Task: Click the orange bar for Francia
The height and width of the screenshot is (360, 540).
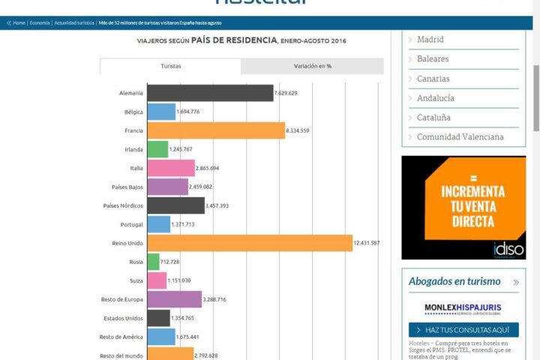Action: (x=216, y=130)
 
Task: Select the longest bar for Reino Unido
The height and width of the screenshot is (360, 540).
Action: (x=250, y=243)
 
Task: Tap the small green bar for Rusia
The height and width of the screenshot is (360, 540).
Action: (x=153, y=262)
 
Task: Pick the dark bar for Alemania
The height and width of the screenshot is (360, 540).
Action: (x=210, y=93)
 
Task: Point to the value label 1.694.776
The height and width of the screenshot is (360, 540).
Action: (x=187, y=112)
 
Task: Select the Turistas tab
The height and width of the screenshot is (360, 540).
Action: (x=170, y=66)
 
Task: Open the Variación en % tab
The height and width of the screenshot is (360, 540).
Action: (x=312, y=66)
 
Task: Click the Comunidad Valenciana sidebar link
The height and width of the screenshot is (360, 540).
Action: (x=460, y=136)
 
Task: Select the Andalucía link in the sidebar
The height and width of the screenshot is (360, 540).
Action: (x=435, y=97)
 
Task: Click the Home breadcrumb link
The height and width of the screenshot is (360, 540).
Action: (x=19, y=23)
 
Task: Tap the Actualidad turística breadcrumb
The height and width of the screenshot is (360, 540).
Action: (x=75, y=23)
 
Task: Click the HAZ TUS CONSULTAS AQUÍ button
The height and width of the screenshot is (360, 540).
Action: (x=463, y=330)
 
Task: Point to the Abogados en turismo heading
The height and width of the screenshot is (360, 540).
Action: (x=454, y=281)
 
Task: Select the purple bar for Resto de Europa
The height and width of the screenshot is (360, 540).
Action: (x=174, y=299)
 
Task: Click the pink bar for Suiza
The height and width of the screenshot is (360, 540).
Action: (x=157, y=280)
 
